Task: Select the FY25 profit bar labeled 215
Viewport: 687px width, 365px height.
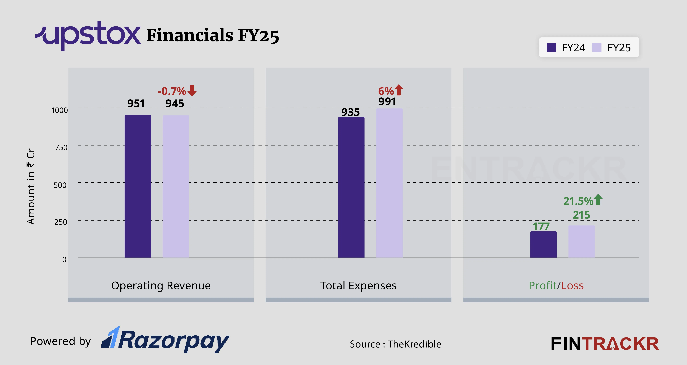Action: (x=581, y=241)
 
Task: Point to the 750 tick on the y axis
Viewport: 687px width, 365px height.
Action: (x=61, y=147)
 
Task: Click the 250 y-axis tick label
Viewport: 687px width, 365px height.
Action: (x=61, y=222)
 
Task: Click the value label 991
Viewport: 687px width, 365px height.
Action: (x=387, y=102)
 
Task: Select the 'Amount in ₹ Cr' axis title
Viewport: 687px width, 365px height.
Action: (x=31, y=187)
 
